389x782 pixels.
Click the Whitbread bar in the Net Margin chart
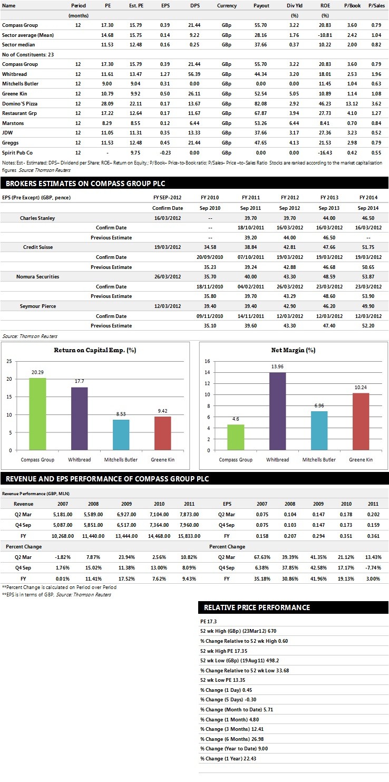(x=277, y=411)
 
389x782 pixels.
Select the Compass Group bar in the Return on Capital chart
(x=37, y=414)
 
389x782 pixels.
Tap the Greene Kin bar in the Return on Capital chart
(x=162, y=433)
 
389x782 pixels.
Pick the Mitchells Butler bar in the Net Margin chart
(x=319, y=430)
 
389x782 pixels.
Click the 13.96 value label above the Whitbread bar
(x=277, y=366)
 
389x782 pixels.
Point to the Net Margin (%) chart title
(x=293, y=350)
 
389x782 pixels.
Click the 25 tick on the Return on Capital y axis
(x=9, y=361)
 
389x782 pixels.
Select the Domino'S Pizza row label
(x=20, y=104)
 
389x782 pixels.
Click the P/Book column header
(x=353, y=6)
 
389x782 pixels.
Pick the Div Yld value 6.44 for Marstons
(x=294, y=123)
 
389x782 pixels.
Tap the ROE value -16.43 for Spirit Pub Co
(x=325, y=152)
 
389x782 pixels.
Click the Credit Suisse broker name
(x=37, y=247)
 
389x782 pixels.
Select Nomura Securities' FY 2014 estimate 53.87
(x=368, y=276)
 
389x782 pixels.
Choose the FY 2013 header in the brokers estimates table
(x=329, y=198)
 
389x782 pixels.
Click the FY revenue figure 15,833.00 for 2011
(x=189, y=536)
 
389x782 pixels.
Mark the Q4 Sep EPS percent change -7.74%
(x=373, y=567)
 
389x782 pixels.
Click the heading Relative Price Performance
(x=257, y=607)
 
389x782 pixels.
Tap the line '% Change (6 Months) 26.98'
(x=231, y=739)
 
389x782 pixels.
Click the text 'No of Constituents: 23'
(x=28, y=55)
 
